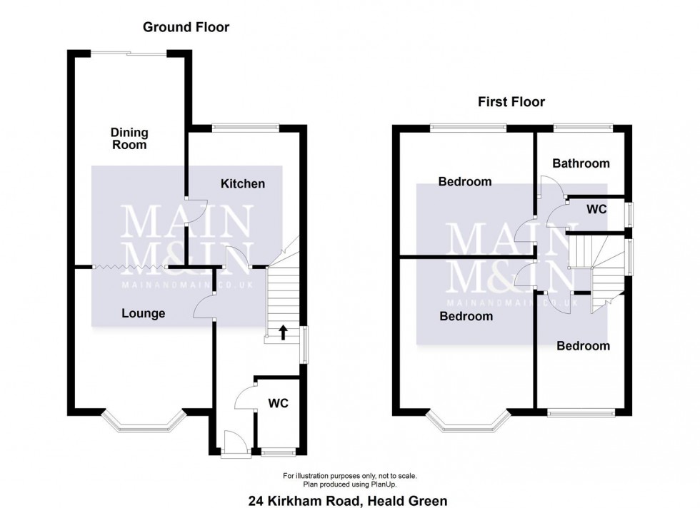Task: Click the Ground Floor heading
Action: tap(186, 27)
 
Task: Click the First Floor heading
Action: tap(511, 102)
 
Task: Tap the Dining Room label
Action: tap(129, 138)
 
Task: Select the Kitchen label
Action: tap(242, 184)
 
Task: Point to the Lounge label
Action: tap(144, 313)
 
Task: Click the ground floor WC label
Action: tap(278, 404)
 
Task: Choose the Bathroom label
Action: tap(581, 163)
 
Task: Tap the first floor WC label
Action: tap(596, 209)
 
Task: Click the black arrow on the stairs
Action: tap(283, 332)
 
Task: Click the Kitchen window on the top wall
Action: tap(246, 128)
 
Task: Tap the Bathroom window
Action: tap(583, 128)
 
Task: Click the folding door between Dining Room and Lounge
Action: tap(130, 267)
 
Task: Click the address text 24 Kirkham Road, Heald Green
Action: tap(348, 501)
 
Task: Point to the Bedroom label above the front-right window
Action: tap(583, 346)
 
